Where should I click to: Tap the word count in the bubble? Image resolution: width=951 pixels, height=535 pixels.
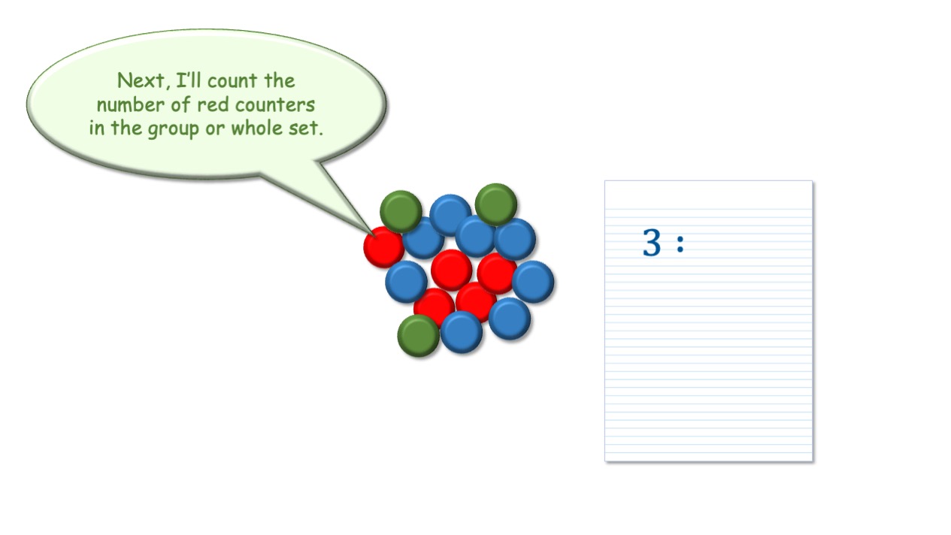pyautogui.click(x=232, y=80)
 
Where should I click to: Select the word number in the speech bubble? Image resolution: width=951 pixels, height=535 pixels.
pyautogui.click(x=130, y=104)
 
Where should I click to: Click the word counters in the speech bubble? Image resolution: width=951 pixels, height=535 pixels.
pyautogui.click(x=275, y=105)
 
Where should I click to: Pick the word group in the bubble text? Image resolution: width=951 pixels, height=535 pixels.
pyautogui.click(x=173, y=129)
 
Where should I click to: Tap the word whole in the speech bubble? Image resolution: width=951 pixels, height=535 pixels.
pyautogui.click(x=256, y=128)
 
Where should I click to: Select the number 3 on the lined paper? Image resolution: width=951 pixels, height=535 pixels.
pyautogui.click(x=652, y=242)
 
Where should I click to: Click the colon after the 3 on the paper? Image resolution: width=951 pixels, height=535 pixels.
pyautogui.click(x=680, y=243)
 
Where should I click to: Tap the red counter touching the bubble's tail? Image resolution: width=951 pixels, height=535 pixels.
pyautogui.click(x=383, y=246)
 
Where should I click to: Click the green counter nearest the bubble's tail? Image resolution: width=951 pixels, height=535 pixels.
pyautogui.click(x=401, y=211)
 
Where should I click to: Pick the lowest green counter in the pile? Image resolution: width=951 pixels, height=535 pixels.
pyautogui.click(x=418, y=335)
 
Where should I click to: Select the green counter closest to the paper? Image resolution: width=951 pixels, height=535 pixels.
pyautogui.click(x=496, y=204)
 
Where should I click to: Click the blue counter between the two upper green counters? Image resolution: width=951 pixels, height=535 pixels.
pyautogui.click(x=450, y=215)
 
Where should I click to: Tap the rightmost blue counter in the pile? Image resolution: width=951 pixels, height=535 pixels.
pyautogui.click(x=533, y=282)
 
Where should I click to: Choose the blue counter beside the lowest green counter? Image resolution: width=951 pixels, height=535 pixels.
pyautogui.click(x=462, y=332)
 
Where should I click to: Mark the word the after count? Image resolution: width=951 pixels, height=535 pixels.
pyautogui.click(x=280, y=80)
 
